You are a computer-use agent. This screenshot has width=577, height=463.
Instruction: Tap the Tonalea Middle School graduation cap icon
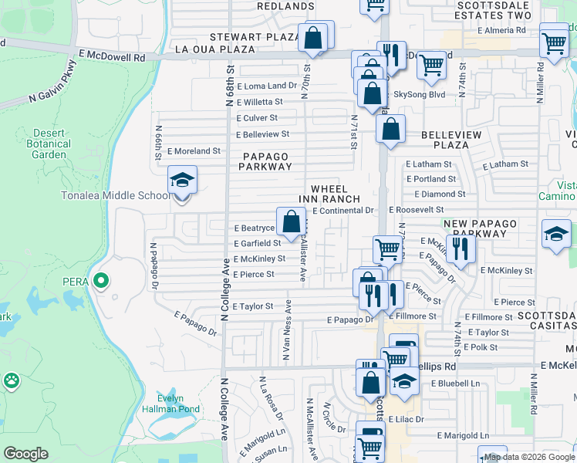[183, 181]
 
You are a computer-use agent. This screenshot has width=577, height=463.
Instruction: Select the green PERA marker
[100, 279]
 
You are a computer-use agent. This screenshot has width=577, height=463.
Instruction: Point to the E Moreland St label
[194, 151]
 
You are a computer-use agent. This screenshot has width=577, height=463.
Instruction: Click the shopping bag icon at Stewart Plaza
[312, 37]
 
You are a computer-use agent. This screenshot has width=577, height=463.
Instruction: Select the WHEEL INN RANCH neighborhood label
[336, 194]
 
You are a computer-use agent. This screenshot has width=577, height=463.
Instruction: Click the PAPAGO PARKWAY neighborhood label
[266, 161]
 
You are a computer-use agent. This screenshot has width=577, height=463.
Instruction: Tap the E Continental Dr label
[343, 211]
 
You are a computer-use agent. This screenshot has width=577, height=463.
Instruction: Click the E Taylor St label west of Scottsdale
[253, 306]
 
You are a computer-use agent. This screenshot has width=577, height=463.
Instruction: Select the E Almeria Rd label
[501, 31]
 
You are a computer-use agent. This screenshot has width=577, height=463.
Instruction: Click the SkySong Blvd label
[420, 94]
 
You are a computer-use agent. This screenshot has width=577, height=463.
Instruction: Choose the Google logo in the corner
[26, 454]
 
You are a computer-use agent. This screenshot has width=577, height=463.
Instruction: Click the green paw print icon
[11, 380]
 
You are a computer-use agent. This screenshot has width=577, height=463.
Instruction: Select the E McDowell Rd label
[113, 56]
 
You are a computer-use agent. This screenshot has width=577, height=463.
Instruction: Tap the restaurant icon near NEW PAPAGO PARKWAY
[461, 248]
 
